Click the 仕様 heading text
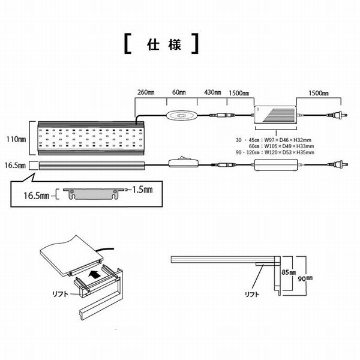click(161, 46)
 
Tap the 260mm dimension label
click(146, 93)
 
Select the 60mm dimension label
click(179, 93)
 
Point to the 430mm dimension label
click(212, 93)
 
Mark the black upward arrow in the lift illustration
click(92, 275)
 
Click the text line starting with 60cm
click(279, 146)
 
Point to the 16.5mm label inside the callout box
click(36, 194)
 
